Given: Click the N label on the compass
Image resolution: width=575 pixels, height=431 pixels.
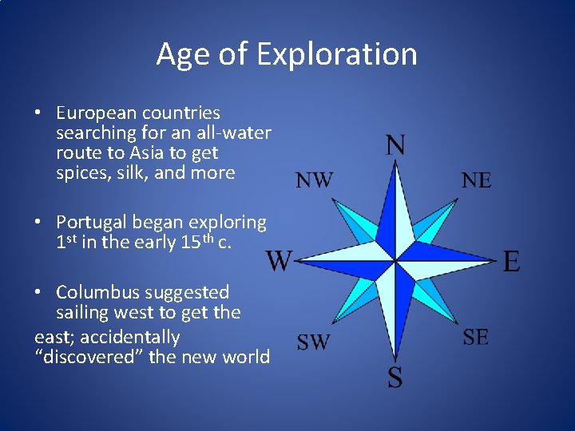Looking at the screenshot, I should pos(395,145).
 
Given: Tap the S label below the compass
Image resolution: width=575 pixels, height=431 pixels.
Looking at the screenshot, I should pos(395,378).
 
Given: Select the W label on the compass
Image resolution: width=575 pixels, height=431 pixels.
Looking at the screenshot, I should pos(279,260).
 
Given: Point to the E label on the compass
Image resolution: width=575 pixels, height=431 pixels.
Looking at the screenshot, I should pos(512,261).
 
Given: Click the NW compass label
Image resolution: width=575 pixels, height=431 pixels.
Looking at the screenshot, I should pos(315,180).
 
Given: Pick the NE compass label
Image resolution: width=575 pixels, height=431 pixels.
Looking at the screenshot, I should pos(477,180).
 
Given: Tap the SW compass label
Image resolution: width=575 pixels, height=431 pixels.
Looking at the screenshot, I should pos(313,342).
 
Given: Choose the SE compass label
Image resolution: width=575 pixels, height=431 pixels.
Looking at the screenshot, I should pos(476,338).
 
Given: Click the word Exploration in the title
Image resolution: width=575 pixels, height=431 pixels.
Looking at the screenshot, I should pos(337,54).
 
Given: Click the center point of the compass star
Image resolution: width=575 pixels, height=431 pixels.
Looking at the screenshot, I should pos(395,260).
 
